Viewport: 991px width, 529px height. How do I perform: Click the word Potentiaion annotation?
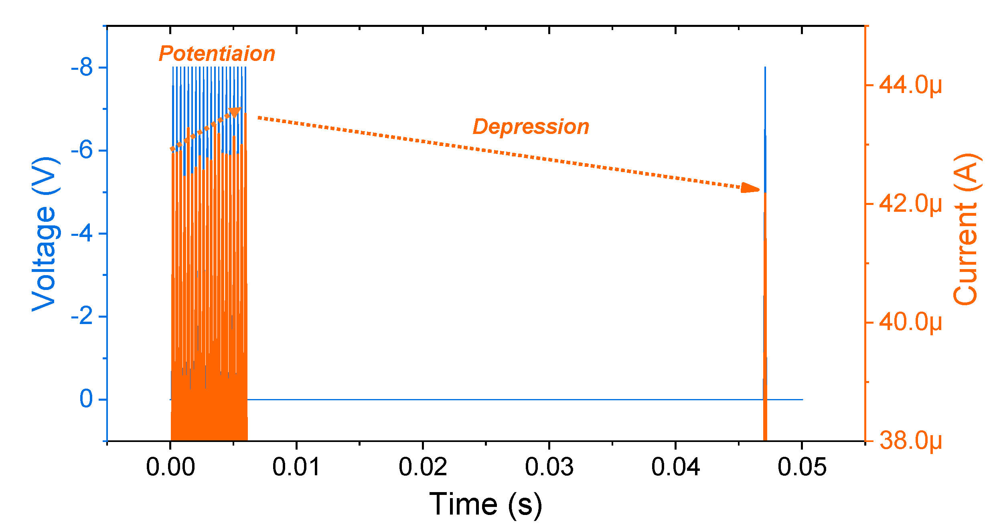217,54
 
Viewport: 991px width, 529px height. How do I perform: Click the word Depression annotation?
531,127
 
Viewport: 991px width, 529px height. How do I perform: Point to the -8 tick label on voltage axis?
82,68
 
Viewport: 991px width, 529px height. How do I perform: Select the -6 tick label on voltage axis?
82,151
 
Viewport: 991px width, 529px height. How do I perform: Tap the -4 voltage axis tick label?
82,233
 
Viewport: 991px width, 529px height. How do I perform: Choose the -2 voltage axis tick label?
82,316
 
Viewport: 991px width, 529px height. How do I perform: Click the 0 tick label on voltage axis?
86,399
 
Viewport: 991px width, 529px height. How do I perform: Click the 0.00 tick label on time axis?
170,467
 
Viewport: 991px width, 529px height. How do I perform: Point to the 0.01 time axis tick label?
296,467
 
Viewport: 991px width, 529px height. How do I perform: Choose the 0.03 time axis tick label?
549,467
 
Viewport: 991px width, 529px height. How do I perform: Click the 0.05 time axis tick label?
802,467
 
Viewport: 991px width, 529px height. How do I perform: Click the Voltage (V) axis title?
45,234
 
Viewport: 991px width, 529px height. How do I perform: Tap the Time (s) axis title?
486,504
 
